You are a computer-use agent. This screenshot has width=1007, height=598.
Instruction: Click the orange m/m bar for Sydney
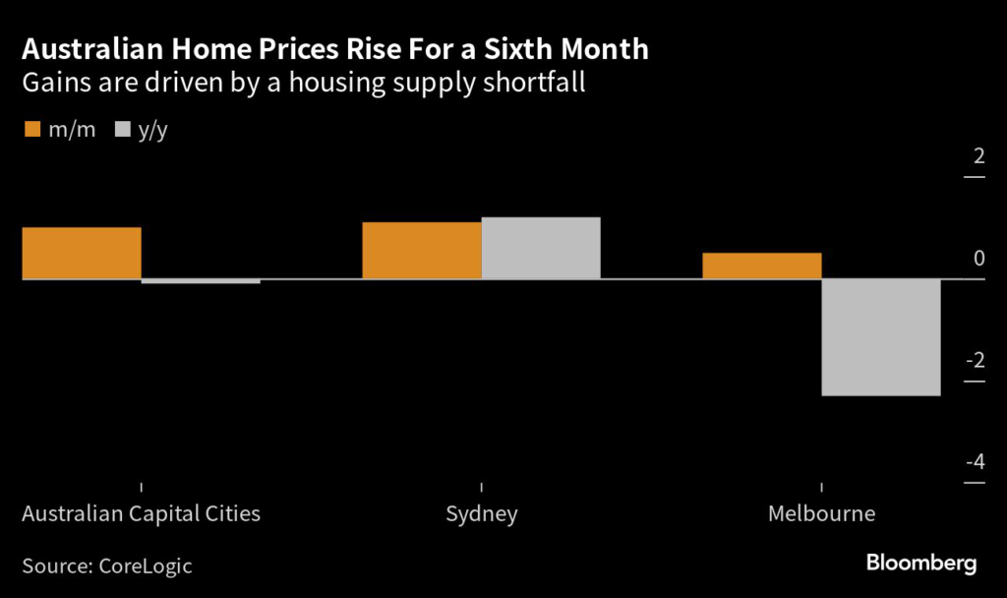tap(422, 251)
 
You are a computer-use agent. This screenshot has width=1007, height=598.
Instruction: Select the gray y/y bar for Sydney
tap(541, 248)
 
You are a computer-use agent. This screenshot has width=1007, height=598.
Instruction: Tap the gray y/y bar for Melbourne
tap(881, 337)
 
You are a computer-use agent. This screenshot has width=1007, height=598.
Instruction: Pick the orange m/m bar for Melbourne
tap(762, 267)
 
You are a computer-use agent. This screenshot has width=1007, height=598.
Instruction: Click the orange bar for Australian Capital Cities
tap(82, 254)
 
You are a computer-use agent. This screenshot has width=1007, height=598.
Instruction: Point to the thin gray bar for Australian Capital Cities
tap(201, 281)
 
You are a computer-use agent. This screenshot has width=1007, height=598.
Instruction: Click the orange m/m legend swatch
tap(31, 130)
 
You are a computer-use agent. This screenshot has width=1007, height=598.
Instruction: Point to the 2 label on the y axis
tap(977, 156)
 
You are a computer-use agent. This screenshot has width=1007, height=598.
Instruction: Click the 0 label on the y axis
tap(977, 259)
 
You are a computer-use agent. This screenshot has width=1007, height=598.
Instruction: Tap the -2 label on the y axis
tap(975, 361)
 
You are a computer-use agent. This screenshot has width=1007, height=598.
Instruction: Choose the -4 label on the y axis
tap(975, 462)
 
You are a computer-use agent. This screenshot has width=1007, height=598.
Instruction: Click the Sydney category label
tap(481, 514)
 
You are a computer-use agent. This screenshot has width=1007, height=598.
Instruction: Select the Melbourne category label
tap(821, 514)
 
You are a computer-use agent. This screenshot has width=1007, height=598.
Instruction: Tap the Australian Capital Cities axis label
tap(141, 514)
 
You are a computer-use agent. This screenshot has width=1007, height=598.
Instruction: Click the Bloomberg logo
tap(920, 564)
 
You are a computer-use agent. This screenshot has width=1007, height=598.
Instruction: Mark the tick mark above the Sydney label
tap(481, 487)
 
